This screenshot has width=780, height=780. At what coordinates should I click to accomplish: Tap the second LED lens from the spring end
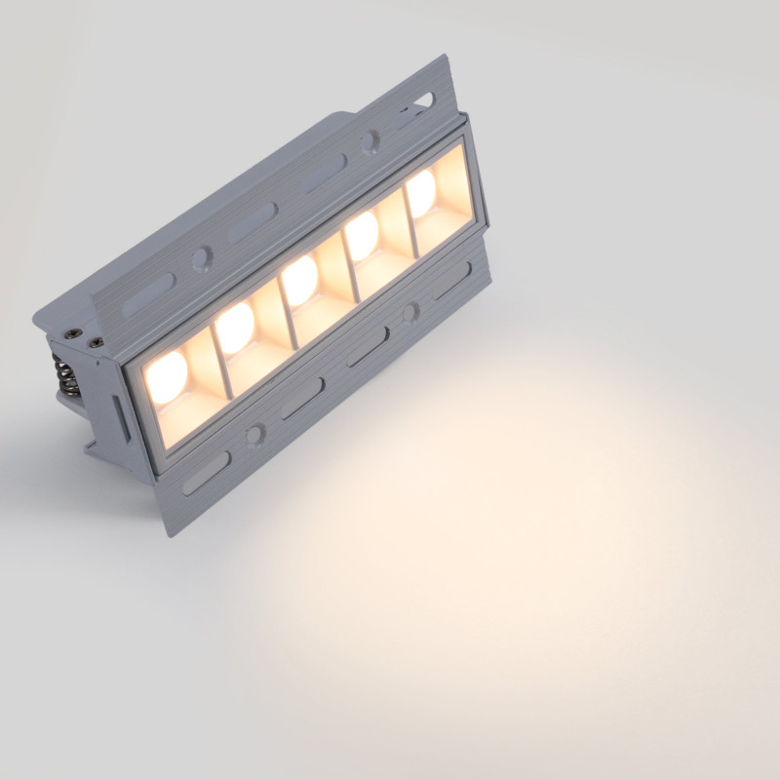point(235,328)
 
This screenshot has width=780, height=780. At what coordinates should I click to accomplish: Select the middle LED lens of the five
point(299,280)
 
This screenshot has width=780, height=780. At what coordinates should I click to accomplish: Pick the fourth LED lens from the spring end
point(362,234)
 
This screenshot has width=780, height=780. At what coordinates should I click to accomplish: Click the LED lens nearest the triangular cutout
point(421,192)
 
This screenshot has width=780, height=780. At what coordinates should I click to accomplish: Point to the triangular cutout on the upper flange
point(425,98)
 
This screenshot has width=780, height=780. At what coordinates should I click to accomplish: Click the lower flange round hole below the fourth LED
point(410,312)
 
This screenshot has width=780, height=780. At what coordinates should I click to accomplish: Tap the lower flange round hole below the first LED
point(255,433)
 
